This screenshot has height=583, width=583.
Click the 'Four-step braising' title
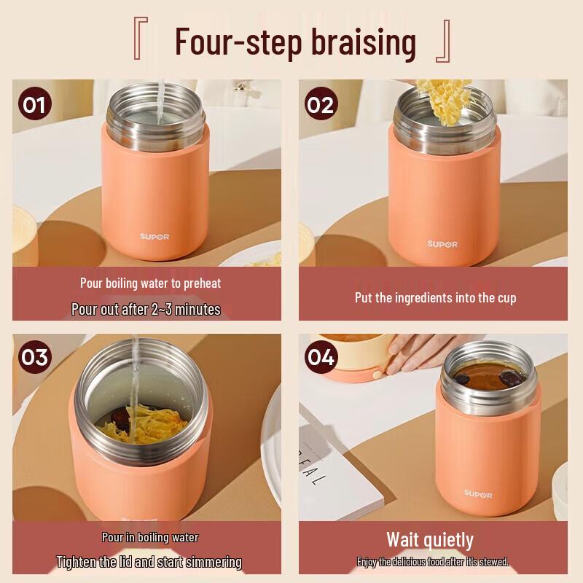[x=295, y=42]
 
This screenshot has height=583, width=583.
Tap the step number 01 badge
[x=34, y=104]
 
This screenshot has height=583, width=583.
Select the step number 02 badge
[x=320, y=104]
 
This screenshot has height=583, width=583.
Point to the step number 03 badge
[x=34, y=357]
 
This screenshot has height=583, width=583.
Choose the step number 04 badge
[x=320, y=357]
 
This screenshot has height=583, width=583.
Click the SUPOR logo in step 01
[x=154, y=237]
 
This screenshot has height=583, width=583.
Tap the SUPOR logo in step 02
[x=442, y=244]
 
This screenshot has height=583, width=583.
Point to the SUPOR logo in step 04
[x=478, y=495]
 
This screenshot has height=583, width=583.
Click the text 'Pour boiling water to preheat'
[x=150, y=283]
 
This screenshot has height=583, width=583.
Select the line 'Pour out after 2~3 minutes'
[x=146, y=309]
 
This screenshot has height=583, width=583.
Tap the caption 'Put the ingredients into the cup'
[x=435, y=297]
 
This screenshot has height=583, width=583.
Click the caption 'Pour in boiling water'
[x=150, y=538]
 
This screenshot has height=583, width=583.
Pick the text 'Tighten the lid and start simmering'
[x=149, y=562]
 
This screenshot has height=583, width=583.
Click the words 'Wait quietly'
[x=430, y=540]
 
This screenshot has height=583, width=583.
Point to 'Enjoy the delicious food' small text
[x=432, y=562]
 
